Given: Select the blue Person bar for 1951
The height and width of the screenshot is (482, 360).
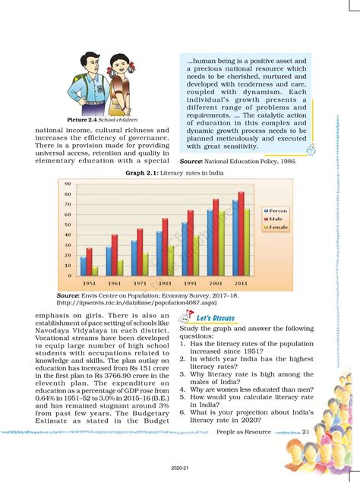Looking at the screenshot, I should pyautogui.click(x=84, y=266).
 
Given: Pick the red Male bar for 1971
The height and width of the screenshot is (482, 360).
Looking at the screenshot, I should pyautogui.click(x=140, y=251).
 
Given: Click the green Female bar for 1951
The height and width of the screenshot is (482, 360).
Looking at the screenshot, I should pyautogui.click(x=94, y=271).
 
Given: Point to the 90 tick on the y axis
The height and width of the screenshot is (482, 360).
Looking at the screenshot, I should pyautogui.click(x=68, y=184).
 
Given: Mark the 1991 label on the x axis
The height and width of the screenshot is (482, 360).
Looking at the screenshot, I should pyautogui.click(x=190, y=282).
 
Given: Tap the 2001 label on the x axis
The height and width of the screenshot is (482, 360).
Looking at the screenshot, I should pyautogui.click(x=216, y=282).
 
